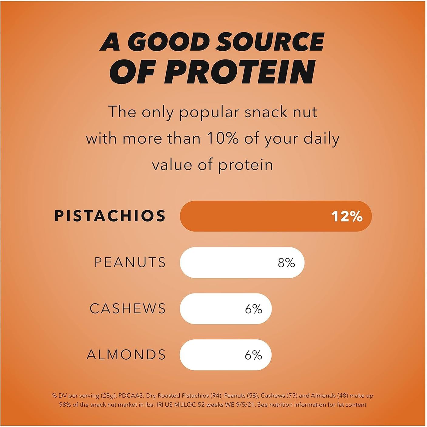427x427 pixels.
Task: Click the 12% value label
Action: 347,216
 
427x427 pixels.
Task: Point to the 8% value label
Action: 286,263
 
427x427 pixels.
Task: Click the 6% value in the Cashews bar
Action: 253,309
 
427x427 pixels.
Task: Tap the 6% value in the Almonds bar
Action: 253,355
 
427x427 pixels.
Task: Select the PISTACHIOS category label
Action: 110,216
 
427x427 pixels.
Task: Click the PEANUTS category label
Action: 130,263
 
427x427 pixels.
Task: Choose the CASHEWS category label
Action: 128,309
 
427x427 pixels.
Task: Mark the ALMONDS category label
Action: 126,355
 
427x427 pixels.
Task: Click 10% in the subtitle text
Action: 222,139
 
